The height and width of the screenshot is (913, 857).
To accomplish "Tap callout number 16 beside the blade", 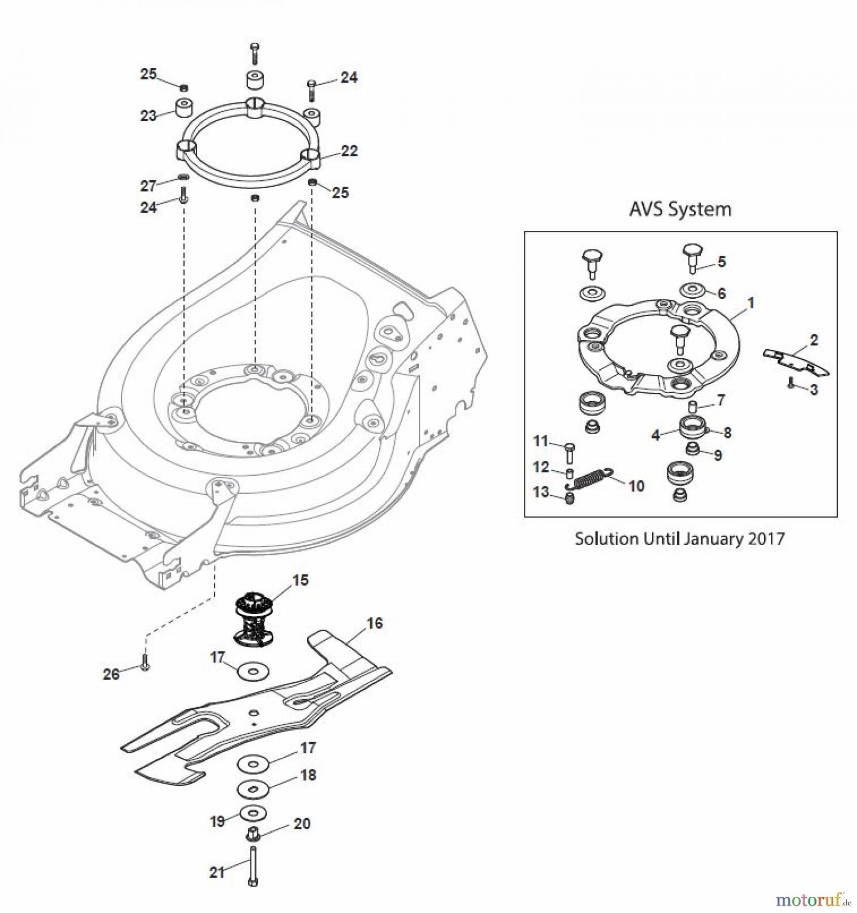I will click(374, 623).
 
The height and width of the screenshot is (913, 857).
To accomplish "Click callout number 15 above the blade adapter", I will click(300, 580).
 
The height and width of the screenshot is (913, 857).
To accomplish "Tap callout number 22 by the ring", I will click(349, 151).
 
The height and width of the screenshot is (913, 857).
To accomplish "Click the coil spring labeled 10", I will click(589, 478).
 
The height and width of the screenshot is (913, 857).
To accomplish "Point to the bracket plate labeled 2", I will click(795, 362).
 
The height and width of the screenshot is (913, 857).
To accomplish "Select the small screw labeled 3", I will click(791, 384).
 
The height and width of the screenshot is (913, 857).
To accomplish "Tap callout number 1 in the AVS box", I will click(751, 303).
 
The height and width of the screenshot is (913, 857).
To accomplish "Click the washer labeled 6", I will click(692, 291).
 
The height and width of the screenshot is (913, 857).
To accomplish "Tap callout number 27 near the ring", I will click(148, 186).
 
